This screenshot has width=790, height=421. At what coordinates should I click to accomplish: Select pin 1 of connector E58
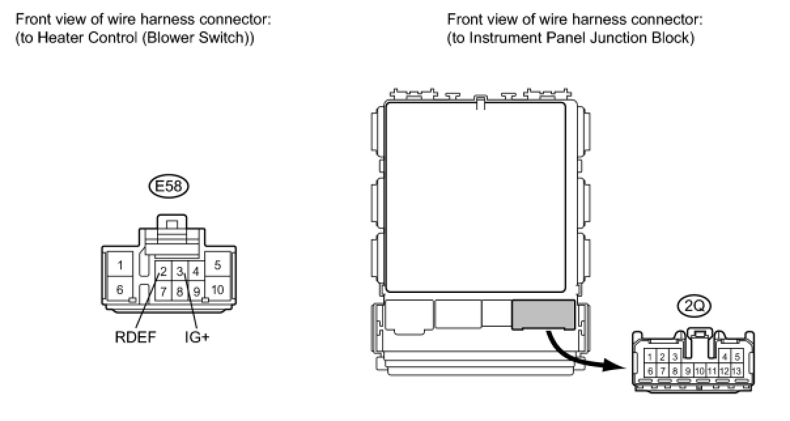pyautogui.click(x=120, y=265)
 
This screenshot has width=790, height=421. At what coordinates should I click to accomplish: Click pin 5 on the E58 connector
pyautogui.click(x=217, y=265)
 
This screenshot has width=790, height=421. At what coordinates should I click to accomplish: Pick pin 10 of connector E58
pyautogui.click(x=217, y=289)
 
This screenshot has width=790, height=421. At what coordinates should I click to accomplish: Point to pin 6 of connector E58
pyautogui.click(x=120, y=289)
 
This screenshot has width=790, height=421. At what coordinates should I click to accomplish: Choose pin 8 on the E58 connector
pyautogui.click(x=179, y=290)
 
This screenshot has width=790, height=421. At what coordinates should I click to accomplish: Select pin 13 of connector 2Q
pyautogui.click(x=737, y=371)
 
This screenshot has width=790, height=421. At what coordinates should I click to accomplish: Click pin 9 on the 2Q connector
pyautogui.click(x=687, y=371)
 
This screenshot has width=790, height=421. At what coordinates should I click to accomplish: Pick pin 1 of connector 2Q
pyautogui.click(x=650, y=357)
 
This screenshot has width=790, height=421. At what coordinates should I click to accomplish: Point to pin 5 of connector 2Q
pyautogui.click(x=737, y=357)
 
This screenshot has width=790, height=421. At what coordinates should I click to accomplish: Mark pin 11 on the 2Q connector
pyautogui.click(x=712, y=371)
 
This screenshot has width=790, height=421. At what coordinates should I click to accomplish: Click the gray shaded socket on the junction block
pyautogui.click(x=543, y=314)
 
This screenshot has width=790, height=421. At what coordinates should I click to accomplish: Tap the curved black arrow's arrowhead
pyautogui.click(x=611, y=366)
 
